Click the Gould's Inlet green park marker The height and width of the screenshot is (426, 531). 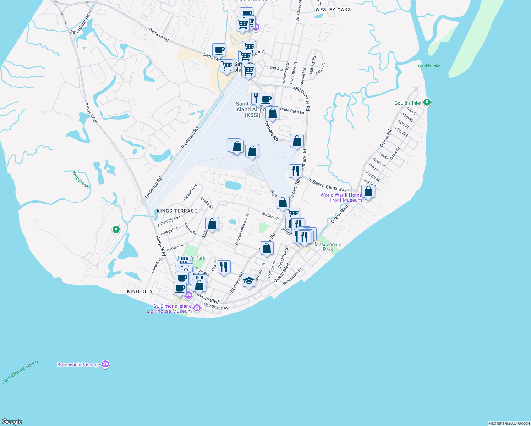coord(427,103)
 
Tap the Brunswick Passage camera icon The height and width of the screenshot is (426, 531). coord(105,364)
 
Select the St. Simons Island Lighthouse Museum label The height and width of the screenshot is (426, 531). coord(169,308)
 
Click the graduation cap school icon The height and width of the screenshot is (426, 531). coord(249,281)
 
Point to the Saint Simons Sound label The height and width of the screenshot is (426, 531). coord(20,372)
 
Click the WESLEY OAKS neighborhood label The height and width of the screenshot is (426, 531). coord(333,10)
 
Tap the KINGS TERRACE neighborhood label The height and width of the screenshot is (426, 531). coord(177,211)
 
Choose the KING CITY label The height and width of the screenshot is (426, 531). coord(140,291)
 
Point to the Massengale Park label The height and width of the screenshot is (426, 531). coord(328,247)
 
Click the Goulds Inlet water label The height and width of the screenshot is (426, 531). coord(429,66)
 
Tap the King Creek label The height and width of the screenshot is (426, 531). coord(81,179)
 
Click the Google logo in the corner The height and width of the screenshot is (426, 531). coord(12,421)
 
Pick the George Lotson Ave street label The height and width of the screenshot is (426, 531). coord(242,229)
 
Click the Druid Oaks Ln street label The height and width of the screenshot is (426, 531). coord(292,111)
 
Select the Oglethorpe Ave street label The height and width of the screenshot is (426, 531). coord(217,306)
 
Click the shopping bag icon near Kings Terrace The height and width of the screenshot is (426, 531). coord(212,224)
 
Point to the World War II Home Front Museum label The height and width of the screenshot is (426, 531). coord(341,197)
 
